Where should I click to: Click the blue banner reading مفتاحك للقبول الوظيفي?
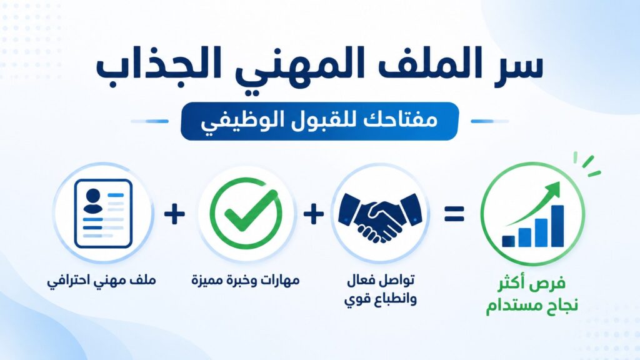[x=319, y=121]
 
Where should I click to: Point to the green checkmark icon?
[x=246, y=213]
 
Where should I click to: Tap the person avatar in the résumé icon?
[x=93, y=201]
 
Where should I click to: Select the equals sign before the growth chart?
[x=454, y=214]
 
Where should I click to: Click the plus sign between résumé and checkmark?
[x=174, y=214]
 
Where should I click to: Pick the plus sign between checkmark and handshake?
[x=314, y=214]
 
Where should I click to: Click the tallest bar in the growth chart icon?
[x=557, y=226]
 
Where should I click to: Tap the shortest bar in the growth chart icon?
[x=508, y=241]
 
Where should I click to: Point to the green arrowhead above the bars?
[x=553, y=189]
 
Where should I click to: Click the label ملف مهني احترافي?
[x=101, y=281]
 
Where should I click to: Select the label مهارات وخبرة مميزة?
[x=246, y=281]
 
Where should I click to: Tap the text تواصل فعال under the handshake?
[x=381, y=281]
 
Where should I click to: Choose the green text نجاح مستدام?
[x=532, y=305]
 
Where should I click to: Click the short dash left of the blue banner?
[x=149, y=121]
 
